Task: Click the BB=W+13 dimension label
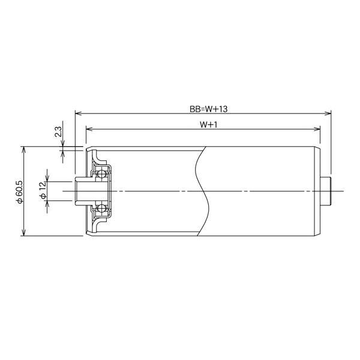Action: pos(208,109)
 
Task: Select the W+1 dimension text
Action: pos(208,125)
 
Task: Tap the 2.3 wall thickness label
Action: pos(58,131)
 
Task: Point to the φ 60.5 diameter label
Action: pos(20,191)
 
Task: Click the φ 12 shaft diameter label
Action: pos(43,191)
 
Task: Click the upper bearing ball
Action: pos(101,174)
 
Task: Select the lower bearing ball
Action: pos(101,208)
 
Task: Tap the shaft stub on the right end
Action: pos(326,191)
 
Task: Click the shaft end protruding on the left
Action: pos(82,191)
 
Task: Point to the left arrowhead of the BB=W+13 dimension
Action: pos(79,113)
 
